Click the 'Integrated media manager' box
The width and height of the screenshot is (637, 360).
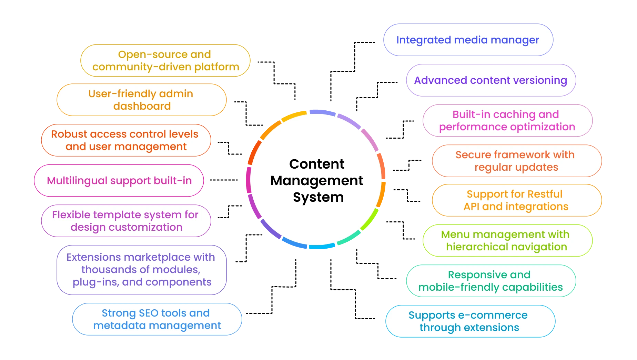tap(468, 40)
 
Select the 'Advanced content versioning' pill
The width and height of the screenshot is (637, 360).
tap(491, 80)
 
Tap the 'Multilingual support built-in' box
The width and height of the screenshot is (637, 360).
tap(119, 181)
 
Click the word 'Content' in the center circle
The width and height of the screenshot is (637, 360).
tap(316, 164)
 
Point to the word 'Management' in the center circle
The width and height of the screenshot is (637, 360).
tap(316, 181)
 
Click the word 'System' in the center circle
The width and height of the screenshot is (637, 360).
tap(318, 197)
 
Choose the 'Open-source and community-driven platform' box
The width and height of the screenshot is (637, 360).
tap(165, 61)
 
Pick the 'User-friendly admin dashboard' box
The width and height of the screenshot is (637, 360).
tap(141, 100)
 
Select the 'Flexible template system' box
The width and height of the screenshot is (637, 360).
tap(126, 221)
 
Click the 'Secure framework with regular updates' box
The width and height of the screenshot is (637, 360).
tap(516, 161)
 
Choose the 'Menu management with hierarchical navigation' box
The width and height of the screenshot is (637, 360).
tap(507, 241)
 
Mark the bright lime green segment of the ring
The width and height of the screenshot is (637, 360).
tap(370, 220)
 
